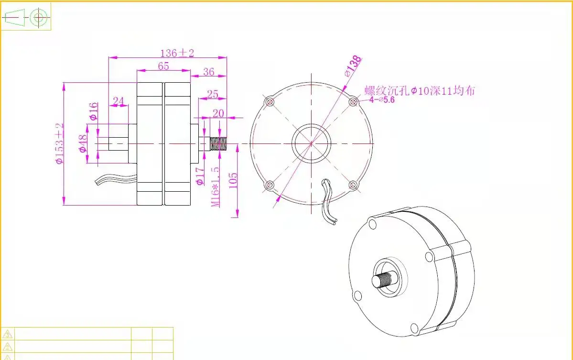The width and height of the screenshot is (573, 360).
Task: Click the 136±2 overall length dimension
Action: (177, 53)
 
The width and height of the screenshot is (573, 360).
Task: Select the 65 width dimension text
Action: (163, 66)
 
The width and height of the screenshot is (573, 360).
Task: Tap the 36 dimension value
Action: (209, 72)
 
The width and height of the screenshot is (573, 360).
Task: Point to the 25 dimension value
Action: (213, 94)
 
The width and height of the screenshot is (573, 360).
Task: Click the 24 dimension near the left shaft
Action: (119, 101)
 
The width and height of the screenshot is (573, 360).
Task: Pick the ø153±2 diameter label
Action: (60, 143)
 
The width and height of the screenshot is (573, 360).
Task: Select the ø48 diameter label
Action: (83, 143)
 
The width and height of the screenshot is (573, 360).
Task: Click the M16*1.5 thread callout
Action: (216, 187)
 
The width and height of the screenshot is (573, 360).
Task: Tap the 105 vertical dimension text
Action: (233, 181)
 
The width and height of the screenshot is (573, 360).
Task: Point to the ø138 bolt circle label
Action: (353, 66)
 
